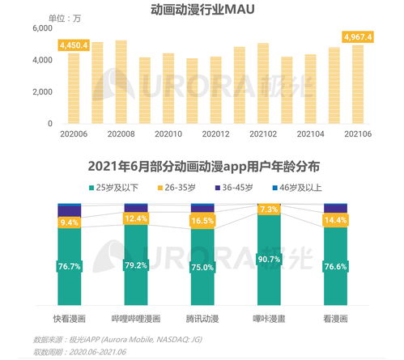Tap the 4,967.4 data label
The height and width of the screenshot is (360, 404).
tap(357, 37)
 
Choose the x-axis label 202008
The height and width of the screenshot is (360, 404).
tap(120, 133)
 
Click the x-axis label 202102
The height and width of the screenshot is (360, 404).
tap(262, 133)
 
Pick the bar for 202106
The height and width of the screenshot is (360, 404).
tap(357, 84)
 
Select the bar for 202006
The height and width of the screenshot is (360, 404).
tap(74, 88)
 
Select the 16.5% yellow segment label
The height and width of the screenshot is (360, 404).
tap(202, 220)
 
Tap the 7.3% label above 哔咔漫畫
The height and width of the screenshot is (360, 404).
tap(269, 210)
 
